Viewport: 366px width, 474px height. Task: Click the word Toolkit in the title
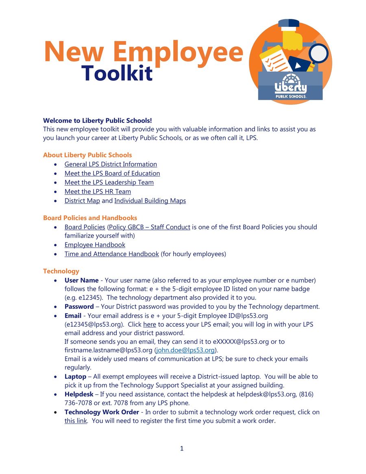pyautogui.click(x=117, y=74)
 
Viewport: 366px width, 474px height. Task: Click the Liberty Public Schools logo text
pyautogui.click(x=290, y=88)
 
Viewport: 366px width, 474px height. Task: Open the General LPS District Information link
pyautogui.click(x=111, y=164)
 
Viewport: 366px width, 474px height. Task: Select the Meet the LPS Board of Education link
pyautogui.click(x=112, y=173)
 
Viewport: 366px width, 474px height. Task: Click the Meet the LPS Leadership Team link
pyautogui.click(x=109, y=182)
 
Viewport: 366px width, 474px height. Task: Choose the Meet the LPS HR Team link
pyautogui.click(x=98, y=192)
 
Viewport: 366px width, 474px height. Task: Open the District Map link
pyautogui.click(x=82, y=201)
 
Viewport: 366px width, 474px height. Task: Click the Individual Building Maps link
pyautogui.click(x=150, y=201)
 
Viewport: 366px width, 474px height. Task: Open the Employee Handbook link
pyautogui.click(x=95, y=245)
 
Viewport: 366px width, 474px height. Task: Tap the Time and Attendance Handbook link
pyautogui.click(x=111, y=254)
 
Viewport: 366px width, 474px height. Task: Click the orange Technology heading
pyautogui.click(x=61, y=271)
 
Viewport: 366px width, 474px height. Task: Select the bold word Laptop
pyautogui.click(x=75, y=377)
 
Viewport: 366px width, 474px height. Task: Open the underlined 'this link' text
pyautogui.click(x=76, y=421)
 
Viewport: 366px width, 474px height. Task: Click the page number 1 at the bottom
pyautogui.click(x=182, y=448)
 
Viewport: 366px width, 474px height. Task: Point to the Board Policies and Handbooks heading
pyautogui.click(x=90, y=218)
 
